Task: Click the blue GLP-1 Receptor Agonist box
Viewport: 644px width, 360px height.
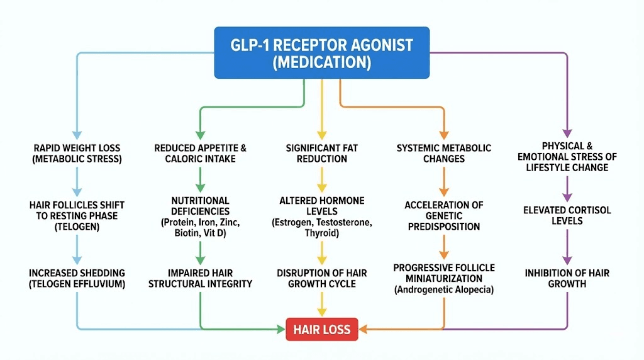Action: (x=321, y=53)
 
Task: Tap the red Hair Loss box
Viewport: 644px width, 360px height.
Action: (x=322, y=329)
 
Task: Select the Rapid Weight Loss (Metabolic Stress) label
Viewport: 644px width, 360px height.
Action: (x=77, y=153)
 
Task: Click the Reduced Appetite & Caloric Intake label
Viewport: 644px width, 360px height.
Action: (x=200, y=153)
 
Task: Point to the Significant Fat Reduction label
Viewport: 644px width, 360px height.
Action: (x=321, y=153)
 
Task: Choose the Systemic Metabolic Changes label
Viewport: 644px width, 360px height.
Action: (x=443, y=153)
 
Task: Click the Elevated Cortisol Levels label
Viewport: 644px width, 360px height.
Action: (x=566, y=216)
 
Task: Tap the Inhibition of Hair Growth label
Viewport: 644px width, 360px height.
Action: (x=566, y=278)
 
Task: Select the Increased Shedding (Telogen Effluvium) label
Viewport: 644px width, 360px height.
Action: (x=77, y=278)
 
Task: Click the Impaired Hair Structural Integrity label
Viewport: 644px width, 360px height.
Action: (x=200, y=278)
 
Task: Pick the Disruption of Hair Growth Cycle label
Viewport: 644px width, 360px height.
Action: (x=321, y=278)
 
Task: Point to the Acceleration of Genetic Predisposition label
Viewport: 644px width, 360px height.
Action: (x=443, y=216)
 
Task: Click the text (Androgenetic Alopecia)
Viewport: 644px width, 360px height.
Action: (x=443, y=290)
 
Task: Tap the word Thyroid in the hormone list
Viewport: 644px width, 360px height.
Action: (x=321, y=233)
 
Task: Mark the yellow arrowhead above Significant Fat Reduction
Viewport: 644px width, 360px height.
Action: (x=321, y=134)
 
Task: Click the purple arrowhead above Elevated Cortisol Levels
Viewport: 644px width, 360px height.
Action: (x=566, y=196)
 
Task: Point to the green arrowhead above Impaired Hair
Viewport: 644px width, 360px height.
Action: (x=200, y=259)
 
